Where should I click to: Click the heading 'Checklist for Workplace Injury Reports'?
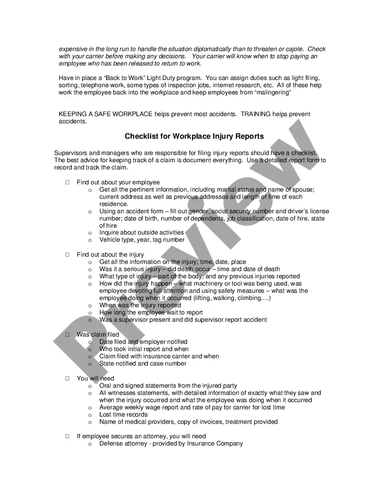(194, 136)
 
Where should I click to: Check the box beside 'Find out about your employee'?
(67, 183)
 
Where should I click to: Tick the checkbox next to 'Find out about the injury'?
(67, 255)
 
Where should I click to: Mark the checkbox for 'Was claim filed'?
(67, 335)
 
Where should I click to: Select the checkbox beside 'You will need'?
(67, 379)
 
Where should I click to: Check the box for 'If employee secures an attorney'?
(67, 436)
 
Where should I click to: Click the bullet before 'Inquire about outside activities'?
(90, 233)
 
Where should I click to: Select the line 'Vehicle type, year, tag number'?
(142, 240)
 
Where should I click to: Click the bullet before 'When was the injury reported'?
(90, 305)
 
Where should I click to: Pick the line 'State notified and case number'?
(143, 363)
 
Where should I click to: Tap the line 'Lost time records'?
(123, 414)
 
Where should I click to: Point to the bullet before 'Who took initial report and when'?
(90, 349)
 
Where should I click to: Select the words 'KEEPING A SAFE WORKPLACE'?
(106, 114)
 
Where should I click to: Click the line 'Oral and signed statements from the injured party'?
(168, 385)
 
